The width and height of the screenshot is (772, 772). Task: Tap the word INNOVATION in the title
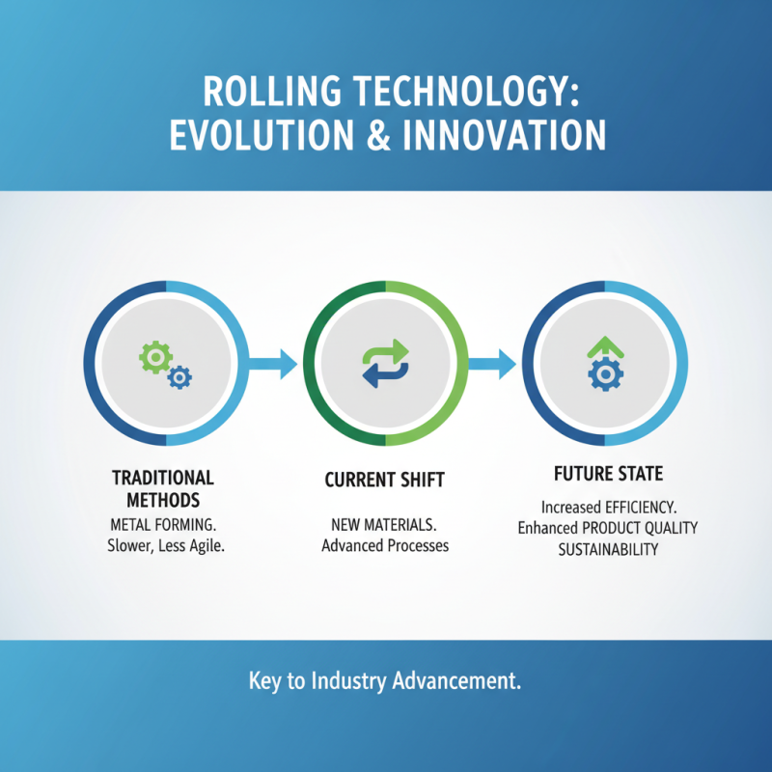click(504, 135)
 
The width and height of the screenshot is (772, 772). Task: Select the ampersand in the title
click(378, 135)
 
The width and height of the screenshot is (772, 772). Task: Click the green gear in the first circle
click(155, 357)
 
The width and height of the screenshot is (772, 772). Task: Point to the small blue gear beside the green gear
click(179, 377)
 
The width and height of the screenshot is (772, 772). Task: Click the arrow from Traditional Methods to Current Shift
click(273, 364)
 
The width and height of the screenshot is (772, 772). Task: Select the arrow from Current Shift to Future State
click(492, 364)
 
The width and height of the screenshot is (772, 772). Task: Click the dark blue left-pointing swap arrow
click(385, 375)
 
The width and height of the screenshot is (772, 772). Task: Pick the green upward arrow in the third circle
click(606, 347)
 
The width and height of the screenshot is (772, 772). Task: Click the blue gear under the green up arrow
click(606, 374)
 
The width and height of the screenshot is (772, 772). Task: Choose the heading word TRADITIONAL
click(163, 478)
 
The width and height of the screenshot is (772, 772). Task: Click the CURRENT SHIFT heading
click(384, 480)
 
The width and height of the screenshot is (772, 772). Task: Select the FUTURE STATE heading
click(609, 474)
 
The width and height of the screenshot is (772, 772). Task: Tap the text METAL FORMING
click(163, 525)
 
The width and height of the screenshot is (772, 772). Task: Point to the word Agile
click(207, 546)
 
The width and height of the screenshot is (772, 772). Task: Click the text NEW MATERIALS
click(384, 525)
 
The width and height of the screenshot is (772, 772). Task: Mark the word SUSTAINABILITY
click(608, 549)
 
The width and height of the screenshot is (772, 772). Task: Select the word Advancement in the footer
click(456, 681)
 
